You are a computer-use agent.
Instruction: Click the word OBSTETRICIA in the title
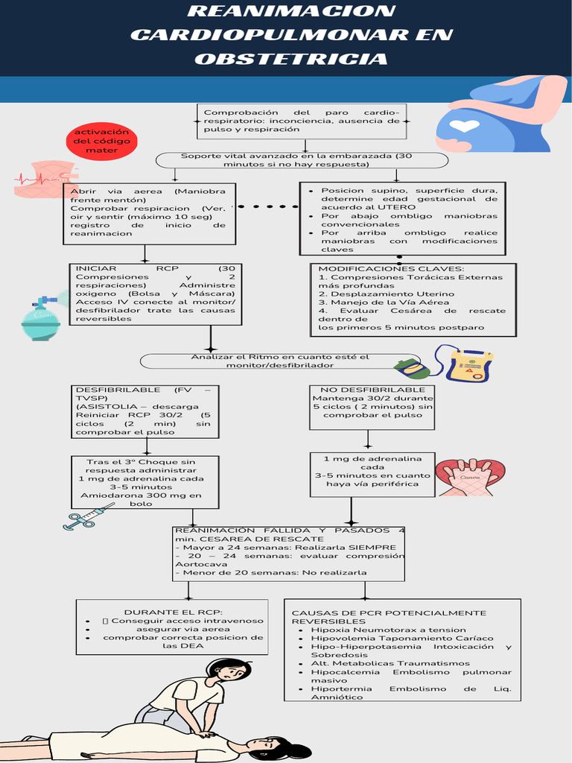[x=291, y=59]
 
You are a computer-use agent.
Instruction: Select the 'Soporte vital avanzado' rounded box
[x=302, y=160]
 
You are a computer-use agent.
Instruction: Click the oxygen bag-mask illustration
[x=40, y=318]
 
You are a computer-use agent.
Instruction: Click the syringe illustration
[x=88, y=516]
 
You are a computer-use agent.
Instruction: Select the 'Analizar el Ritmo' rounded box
[x=279, y=361]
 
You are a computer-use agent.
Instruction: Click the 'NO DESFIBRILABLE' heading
[x=372, y=390]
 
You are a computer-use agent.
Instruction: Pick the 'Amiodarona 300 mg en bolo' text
[x=141, y=499]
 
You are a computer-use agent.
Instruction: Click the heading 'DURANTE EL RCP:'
[x=174, y=611]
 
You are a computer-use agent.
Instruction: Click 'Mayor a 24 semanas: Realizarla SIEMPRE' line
[x=290, y=547]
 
